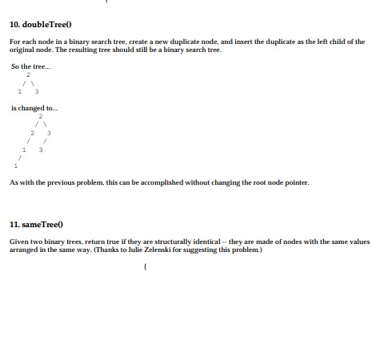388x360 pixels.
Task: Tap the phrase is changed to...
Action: [x=33, y=107]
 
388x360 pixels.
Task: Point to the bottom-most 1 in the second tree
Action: [x=14, y=166]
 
